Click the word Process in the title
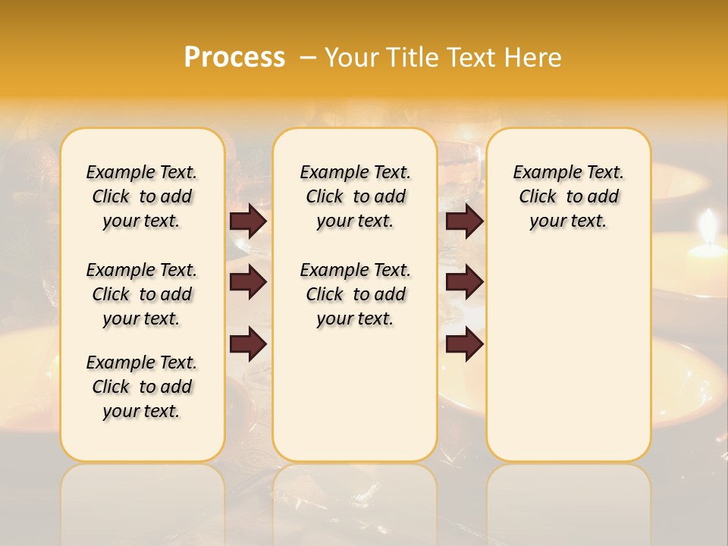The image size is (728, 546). (x=234, y=57)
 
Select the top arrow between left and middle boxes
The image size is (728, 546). (x=248, y=221)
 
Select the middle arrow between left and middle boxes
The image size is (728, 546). (x=248, y=283)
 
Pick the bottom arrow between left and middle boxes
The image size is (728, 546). (x=248, y=344)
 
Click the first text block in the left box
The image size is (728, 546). (x=142, y=196)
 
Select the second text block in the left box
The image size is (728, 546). (x=142, y=294)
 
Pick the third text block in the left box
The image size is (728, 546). (x=142, y=387)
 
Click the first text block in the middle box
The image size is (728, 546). (x=355, y=196)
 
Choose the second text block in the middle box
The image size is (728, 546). (x=355, y=294)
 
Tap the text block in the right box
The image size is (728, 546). (x=568, y=196)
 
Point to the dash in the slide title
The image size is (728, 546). (x=307, y=58)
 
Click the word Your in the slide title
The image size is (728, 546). (x=353, y=57)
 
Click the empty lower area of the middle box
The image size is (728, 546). (x=355, y=394)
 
